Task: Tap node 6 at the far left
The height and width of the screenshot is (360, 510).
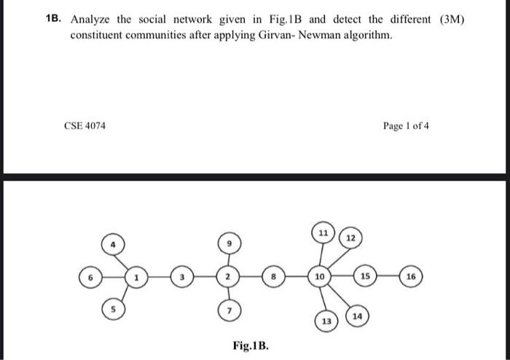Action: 90,277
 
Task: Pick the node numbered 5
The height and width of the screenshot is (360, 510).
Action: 113,308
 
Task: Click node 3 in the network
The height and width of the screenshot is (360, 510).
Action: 182,277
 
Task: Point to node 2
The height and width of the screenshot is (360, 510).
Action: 228,277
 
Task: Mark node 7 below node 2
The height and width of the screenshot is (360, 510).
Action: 228,311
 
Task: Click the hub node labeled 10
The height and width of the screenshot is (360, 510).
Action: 320,277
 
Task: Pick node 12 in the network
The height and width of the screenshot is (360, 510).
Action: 350,238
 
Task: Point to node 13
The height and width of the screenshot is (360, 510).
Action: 326,321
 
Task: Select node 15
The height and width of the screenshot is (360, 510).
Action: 366,277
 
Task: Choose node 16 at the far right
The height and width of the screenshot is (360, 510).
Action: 412,277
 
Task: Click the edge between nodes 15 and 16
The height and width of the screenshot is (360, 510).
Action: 389,277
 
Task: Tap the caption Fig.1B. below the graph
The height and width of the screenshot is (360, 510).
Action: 251,345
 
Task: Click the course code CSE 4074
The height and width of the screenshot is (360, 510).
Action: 85,125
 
